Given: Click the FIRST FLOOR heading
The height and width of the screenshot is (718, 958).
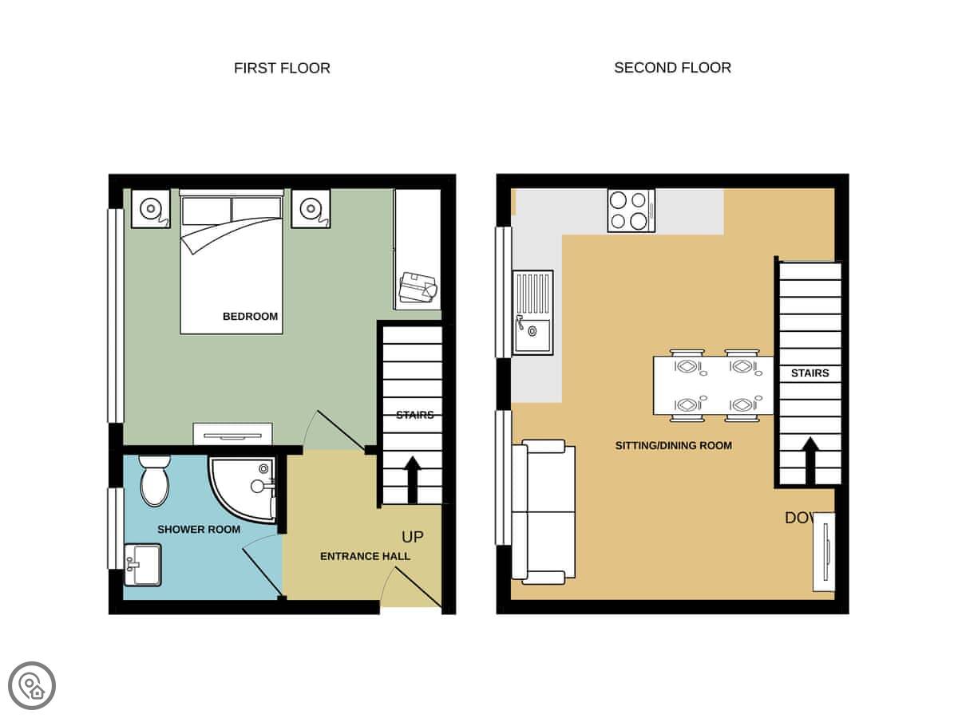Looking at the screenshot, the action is [282, 68].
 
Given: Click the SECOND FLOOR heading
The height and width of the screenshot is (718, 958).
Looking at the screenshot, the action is [672, 68].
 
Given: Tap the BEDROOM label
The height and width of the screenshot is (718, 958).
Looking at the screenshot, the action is [250, 316].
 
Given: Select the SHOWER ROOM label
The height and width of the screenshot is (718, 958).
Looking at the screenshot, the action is [199, 529].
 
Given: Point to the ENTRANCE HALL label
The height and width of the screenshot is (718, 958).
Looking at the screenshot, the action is [365, 556].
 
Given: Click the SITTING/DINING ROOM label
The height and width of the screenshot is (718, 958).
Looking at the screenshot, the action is [674, 445].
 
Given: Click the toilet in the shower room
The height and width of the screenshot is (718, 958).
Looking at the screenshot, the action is [154, 481].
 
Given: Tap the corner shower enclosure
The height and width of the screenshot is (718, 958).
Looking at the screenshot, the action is [243, 489].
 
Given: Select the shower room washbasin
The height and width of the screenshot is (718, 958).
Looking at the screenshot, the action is [143, 565].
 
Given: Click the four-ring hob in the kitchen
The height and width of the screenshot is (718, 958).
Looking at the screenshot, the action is [631, 211].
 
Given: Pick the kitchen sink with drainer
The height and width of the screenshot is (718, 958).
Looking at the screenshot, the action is [532, 312].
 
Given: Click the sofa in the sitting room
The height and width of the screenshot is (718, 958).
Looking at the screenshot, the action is [543, 512].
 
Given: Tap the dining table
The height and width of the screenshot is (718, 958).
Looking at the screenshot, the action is [713, 385].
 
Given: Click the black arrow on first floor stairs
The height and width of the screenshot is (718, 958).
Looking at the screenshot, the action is [412, 480].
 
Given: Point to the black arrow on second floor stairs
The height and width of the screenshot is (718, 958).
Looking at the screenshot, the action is [810, 461].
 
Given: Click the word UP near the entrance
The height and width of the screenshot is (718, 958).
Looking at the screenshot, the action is [413, 537].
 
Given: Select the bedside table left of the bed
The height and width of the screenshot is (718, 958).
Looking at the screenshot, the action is [151, 208].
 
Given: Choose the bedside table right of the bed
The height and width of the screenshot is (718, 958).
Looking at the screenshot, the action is [311, 208].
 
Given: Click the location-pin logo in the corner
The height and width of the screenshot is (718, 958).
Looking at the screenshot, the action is [32, 686].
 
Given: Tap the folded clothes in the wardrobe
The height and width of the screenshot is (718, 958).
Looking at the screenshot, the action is [418, 287].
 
